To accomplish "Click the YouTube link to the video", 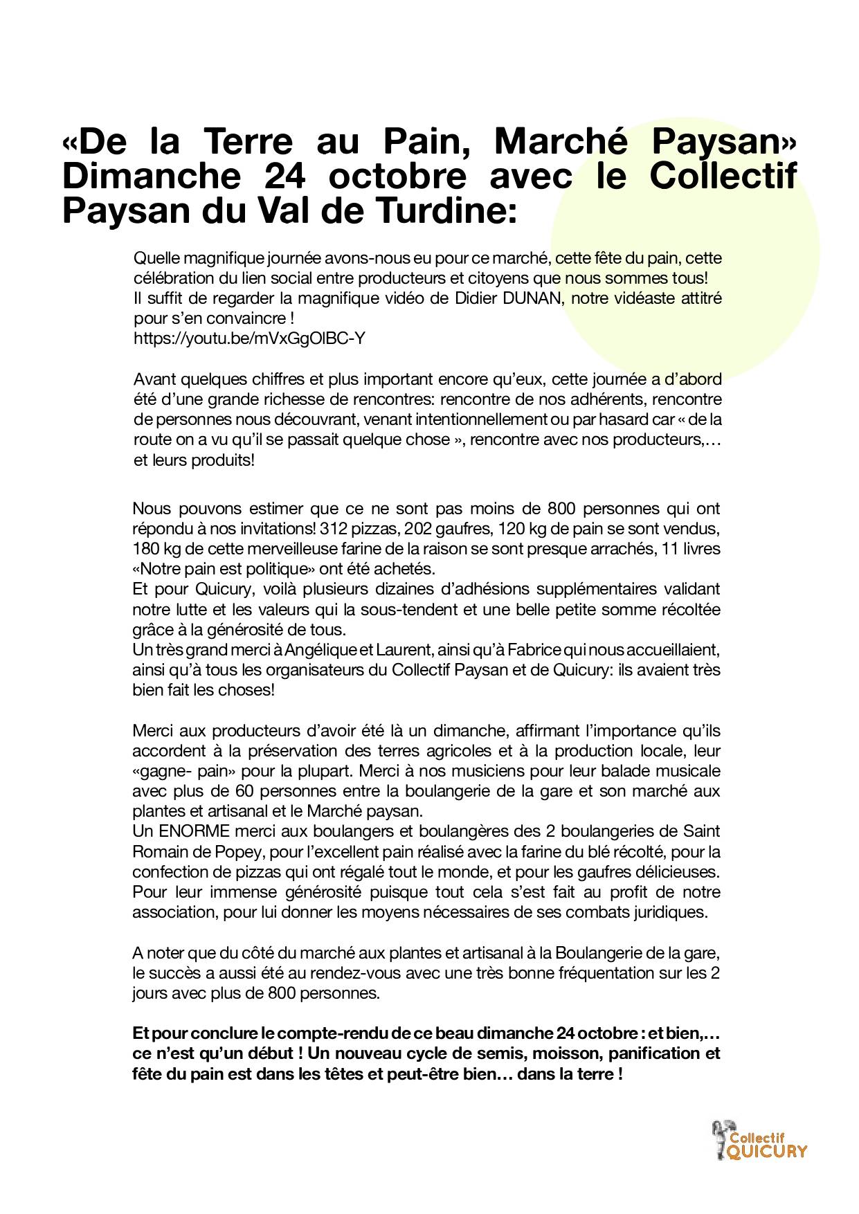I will click(249, 339).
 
